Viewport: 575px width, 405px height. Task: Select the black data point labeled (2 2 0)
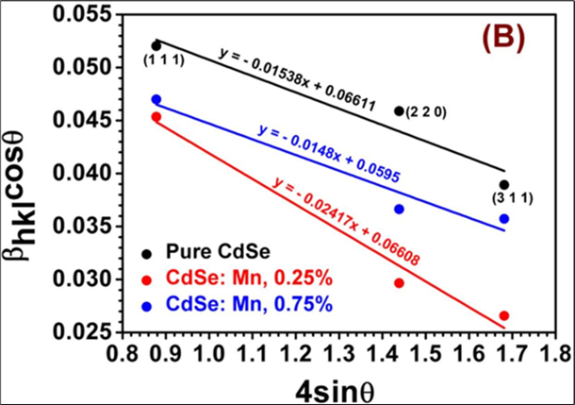click(399, 110)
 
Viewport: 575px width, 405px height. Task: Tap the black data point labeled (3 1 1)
click(504, 185)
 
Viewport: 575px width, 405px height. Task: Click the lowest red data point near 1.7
click(504, 315)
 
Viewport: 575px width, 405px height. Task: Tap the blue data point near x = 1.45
click(399, 209)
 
